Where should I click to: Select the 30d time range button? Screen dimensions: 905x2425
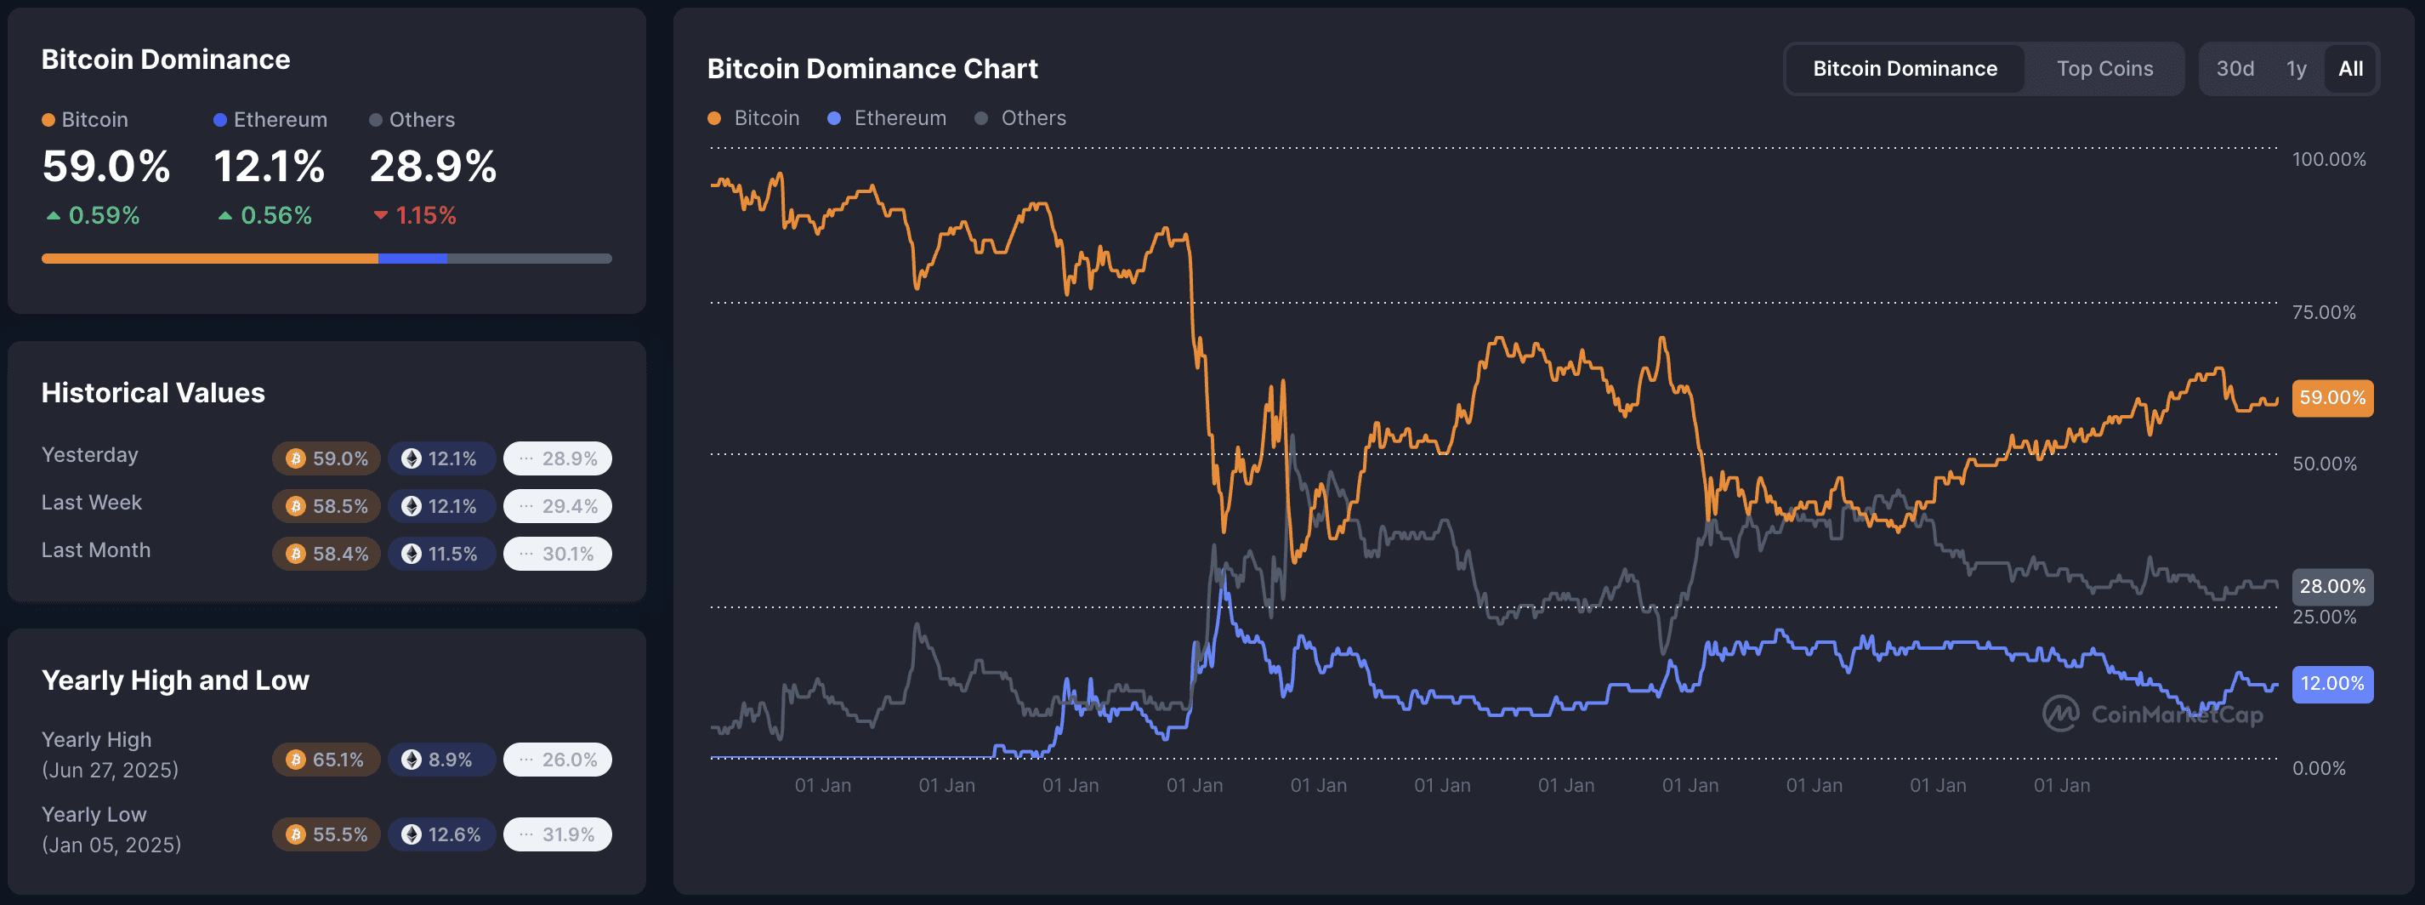(2234, 69)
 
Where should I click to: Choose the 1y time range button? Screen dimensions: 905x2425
(2296, 69)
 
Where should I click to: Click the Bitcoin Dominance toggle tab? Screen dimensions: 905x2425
(1905, 69)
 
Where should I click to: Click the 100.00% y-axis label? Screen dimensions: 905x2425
(2328, 159)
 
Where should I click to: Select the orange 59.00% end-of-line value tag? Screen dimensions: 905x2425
(2331, 397)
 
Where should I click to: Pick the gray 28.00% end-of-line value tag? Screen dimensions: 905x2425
(2331, 587)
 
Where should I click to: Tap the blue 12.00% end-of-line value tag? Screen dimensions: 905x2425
(2331, 684)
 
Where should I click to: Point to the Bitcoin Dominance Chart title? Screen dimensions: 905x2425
(872, 69)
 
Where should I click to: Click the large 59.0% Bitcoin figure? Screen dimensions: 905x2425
(105, 167)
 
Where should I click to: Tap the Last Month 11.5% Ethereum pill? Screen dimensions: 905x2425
(441, 554)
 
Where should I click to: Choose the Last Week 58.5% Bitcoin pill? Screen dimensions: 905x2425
(327, 507)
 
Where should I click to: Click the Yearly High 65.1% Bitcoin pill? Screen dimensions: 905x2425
(326, 760)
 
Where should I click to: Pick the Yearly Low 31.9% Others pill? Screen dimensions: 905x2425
(557, 834)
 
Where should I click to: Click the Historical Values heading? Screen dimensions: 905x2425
(152, 393)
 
